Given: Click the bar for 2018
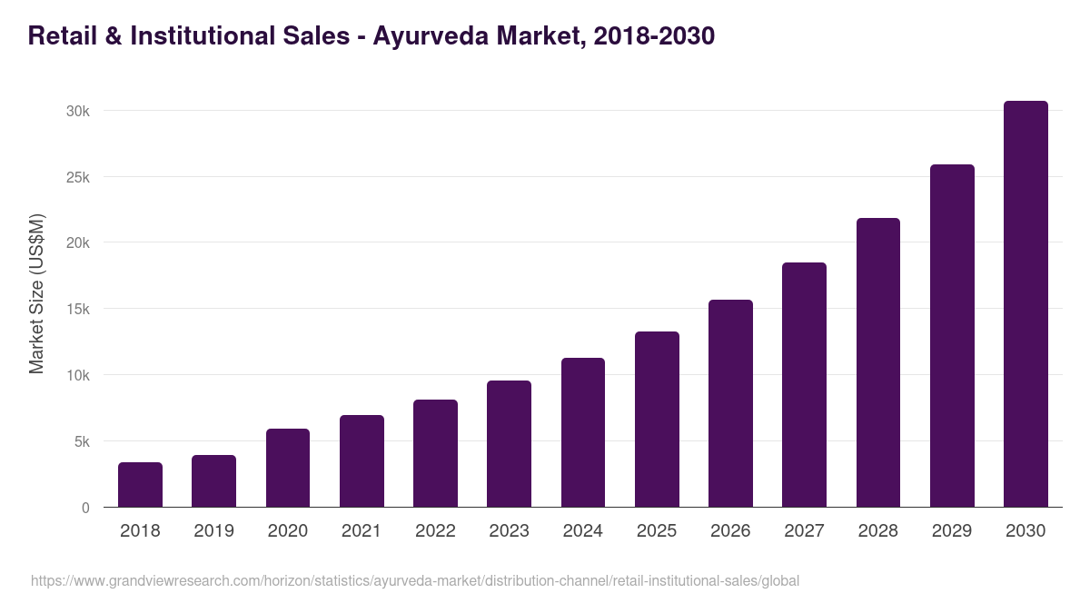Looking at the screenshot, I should [x=140, y=485].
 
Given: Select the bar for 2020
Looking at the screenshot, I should [x=288, y=468].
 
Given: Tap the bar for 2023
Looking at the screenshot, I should [x=509, y=444].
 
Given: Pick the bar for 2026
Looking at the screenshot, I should [x=730, y=403].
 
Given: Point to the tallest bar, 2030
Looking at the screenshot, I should [x=1026, y=304].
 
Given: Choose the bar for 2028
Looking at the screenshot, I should [x=878, y=362].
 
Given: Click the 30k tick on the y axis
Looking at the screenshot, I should [x=77, y=111].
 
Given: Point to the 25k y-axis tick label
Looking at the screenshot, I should [x=77, y=177].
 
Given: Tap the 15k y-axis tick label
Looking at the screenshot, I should [x=77, y=310].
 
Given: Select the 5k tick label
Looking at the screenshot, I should [x=81, y=442].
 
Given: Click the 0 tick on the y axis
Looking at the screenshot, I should [x=85, y=509].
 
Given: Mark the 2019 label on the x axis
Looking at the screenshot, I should [x=213, y=531].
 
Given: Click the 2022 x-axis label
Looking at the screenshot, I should [x=435, y=531].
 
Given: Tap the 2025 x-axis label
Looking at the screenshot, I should [x=657, y=531].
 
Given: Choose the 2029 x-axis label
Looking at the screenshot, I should [x=952, y=531].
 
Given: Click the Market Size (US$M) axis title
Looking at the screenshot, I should [x=36, y=293].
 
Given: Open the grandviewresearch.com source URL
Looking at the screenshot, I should [x=415, y=581].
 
